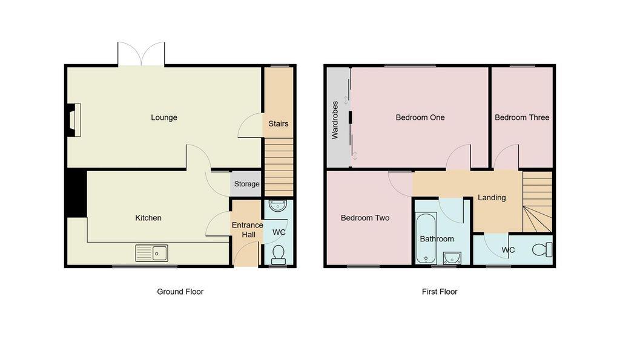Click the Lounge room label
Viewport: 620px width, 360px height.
click(x=163, y=117)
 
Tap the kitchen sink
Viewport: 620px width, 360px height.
click(x=151, y=253)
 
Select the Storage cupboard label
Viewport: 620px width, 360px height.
click(x=247, y=184)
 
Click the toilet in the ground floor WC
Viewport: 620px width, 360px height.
click(x=279, y=255)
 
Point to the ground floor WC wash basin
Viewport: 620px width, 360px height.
click(x=277, y=206)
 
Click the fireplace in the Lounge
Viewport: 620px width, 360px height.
click(x=73, y=120)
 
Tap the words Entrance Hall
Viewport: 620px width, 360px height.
click(x=248, y=229)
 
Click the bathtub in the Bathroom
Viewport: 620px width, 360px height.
click(x=426, y=238)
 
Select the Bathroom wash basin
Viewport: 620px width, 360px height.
click(x=452, y=258)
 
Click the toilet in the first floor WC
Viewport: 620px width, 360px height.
click(x=542, y=250)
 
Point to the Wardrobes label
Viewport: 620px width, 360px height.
click(x=335, y=120)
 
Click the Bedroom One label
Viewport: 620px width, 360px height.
click(x=420, y=117)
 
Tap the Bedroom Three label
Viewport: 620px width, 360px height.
click(x=522, y=117)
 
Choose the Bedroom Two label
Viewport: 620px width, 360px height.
click(x=365, y=218)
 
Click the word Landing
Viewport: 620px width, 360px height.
click(x=492, y=198)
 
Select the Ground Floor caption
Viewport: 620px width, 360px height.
click(x=180, y=292)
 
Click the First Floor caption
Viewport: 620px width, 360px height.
click(x=440, y=292)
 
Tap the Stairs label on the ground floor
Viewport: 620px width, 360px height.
click(x=279, y=123)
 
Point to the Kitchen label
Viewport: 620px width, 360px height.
click(x=148, y=218)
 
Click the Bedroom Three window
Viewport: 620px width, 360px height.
click(x=522, y=65)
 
